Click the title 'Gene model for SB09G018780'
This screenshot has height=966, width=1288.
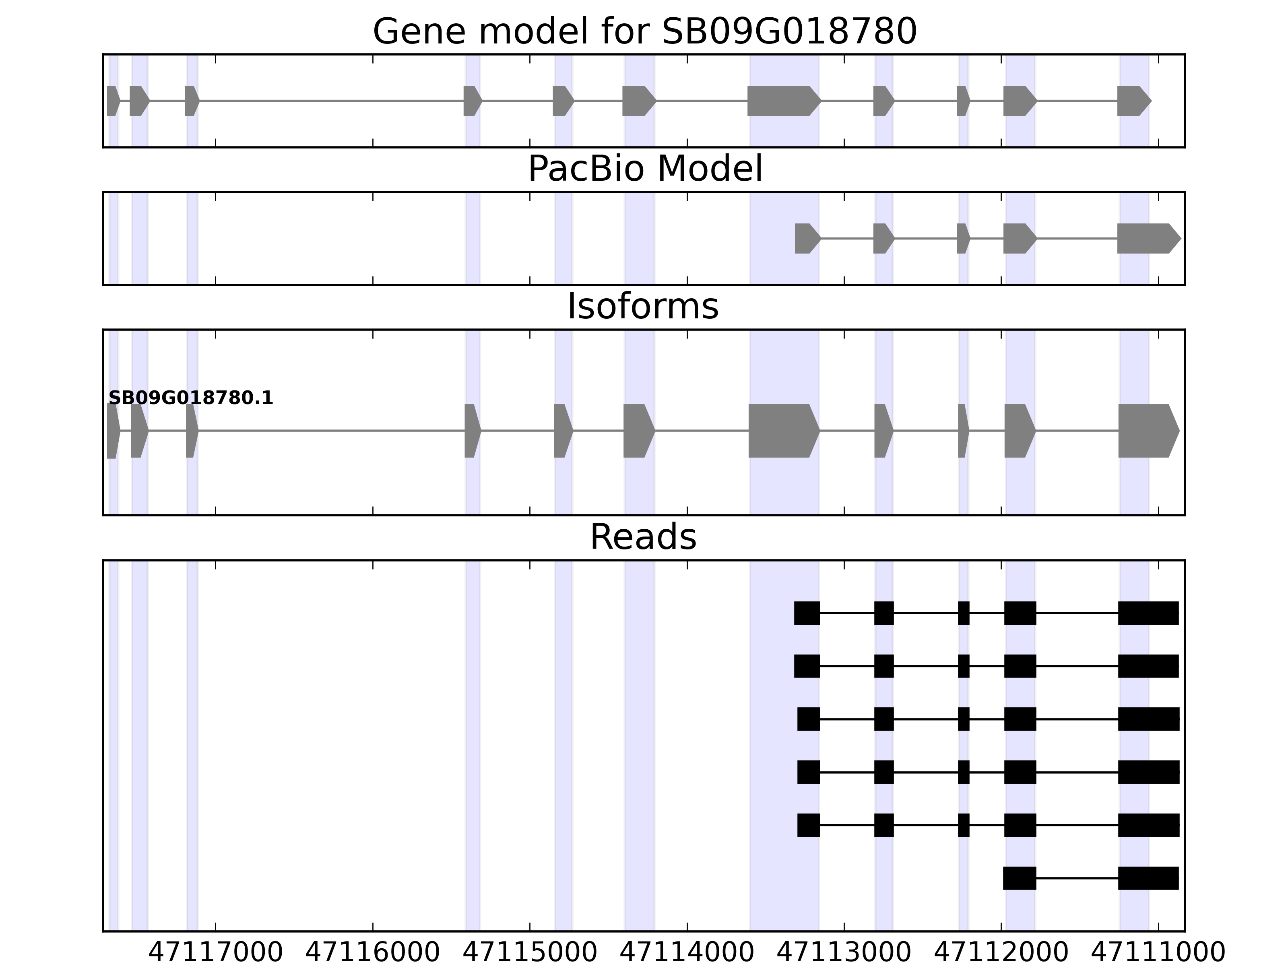pos(644,31)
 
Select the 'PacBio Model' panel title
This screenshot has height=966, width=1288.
pos(644,169)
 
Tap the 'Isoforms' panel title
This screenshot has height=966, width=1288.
pos(643,306)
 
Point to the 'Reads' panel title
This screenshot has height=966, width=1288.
pos(643,537)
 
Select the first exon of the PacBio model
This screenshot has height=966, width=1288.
pos(806,239)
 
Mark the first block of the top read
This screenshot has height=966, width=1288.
pos(807,613)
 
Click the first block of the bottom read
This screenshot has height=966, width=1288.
pos(1020,878)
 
